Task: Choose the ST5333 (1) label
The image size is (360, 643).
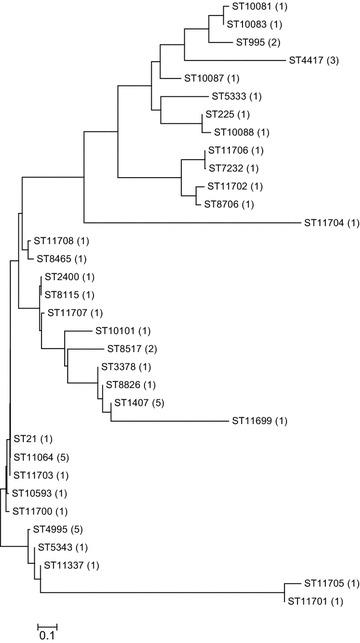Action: (233, 96)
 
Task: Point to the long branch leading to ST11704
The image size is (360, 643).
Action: (190, 222)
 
